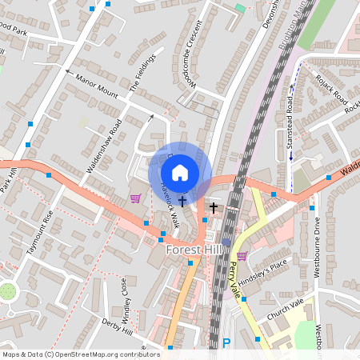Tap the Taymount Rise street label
pos(40,232)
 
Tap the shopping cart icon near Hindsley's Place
pos(242,256)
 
